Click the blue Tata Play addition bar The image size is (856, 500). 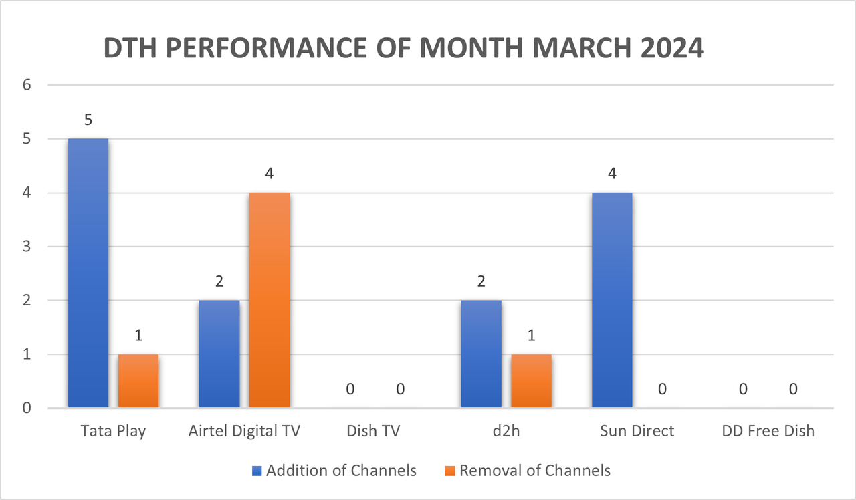(x=88, y=273)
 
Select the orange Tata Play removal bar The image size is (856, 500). (x=138, y=380)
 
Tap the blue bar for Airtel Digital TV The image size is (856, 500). (x=219, y=354)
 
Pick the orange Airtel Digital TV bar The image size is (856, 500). (x=270, y=299)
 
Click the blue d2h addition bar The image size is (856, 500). (x=481, y=354)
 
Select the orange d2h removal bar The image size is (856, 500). (x=532, y=380)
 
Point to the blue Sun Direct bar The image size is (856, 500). (x=612, y=299)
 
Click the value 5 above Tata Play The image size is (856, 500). (x=88, y=120)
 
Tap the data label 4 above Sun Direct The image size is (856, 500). (x=612, y=174)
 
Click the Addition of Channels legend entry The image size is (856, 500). (x=334, y=471)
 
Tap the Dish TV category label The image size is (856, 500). (x=373, y=431)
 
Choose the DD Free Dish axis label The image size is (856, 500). (x=768, y=431)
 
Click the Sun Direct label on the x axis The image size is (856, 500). (x=637, y=431)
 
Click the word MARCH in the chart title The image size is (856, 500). (x=574, y=48)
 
